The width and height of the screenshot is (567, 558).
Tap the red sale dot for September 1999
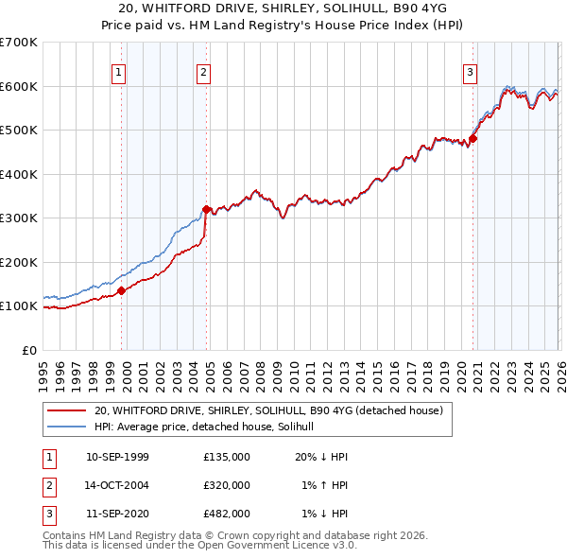[x=122, y=291]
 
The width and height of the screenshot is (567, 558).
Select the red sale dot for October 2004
[x=206, y=210]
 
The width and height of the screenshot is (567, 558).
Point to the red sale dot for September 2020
[x=473, y=138]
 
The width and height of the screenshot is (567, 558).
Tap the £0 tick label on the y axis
[x=28, y=350]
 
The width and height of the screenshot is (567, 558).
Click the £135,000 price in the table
[x=227, y=456]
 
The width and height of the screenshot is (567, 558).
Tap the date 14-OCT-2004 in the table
[x=117, y=485]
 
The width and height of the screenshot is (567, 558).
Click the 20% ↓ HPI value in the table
[x=321, y=456]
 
